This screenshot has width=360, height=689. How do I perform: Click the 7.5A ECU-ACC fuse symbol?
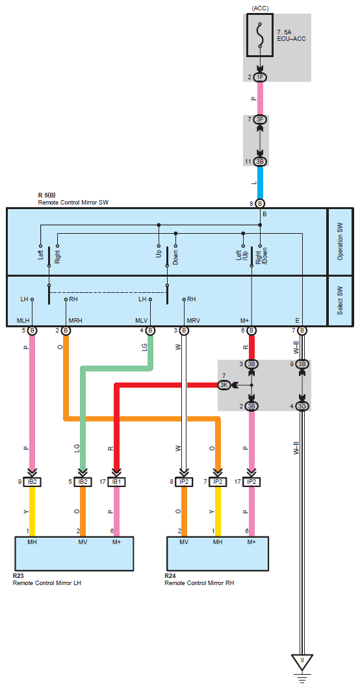260,35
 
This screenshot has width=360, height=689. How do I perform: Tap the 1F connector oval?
260,77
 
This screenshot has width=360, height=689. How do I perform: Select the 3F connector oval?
260,119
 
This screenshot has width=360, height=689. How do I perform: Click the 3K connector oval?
224,385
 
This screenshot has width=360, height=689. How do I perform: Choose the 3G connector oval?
302,407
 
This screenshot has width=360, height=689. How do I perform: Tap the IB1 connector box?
116,482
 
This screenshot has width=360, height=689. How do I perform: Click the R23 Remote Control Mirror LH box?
74,554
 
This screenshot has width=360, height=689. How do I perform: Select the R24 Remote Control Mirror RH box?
218,554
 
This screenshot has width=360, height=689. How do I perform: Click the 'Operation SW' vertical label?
341,242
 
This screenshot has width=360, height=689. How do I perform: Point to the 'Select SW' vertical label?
341,301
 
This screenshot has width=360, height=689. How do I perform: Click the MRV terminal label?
194,320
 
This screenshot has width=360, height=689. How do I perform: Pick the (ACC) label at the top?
260,8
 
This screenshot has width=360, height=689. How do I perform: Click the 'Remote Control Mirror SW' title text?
73,203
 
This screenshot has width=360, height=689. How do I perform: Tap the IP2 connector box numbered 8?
184,482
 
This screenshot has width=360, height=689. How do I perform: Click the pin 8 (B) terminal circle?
260,203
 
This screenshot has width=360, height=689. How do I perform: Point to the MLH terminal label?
23,320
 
